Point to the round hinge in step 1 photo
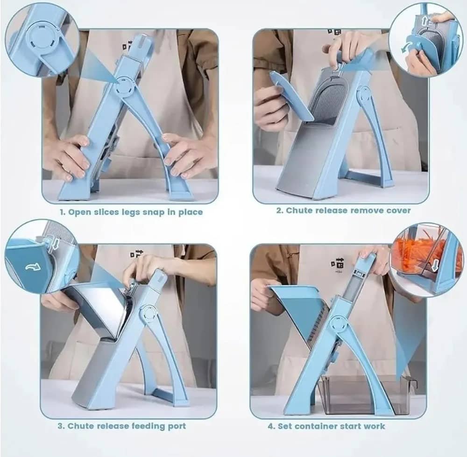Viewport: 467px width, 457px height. point(122,86)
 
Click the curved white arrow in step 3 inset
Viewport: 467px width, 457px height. point(33,267)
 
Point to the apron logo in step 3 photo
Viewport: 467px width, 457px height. point(136,254)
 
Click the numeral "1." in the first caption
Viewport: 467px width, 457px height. point(63,212)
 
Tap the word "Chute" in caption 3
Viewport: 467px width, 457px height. point(79,426)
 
